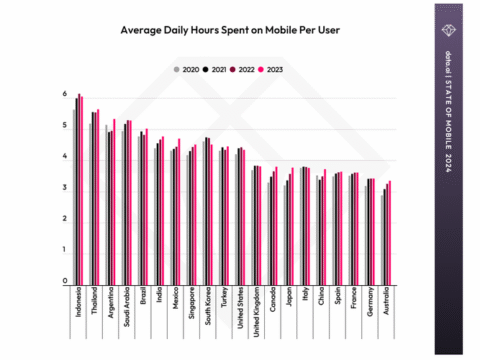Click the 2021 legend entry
tap(211, 71)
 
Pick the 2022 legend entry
tap(239, 71)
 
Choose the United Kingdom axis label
tap(256, 312)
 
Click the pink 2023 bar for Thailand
tap(98, 195)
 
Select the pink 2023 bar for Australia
tap(390, 232)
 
